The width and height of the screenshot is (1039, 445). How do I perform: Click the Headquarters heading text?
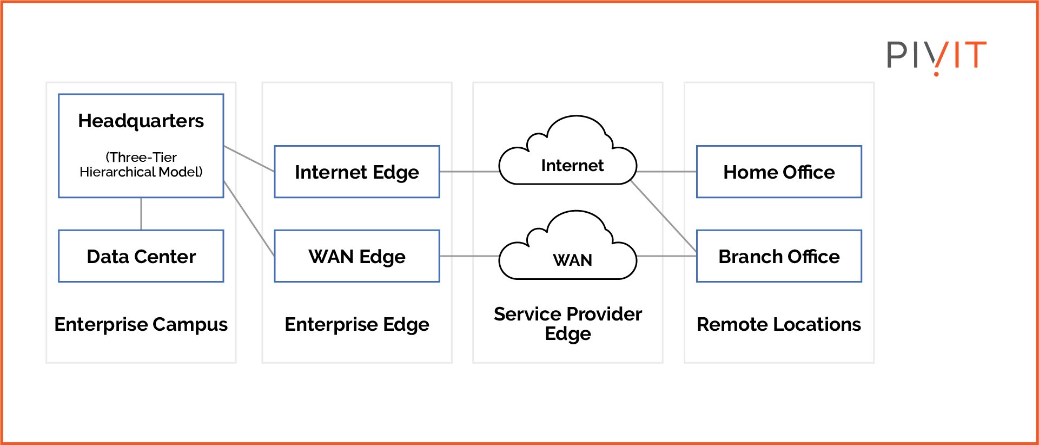point(141,121)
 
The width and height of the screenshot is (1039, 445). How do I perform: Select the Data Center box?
point(141,256)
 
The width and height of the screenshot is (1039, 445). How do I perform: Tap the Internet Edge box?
point(356,172)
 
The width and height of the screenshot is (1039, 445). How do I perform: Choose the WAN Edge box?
point(356,256)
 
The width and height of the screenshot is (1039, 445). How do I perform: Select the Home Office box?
point(778,172)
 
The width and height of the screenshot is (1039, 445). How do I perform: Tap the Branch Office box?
point(778,256)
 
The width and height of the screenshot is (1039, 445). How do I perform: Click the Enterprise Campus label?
point(141,324)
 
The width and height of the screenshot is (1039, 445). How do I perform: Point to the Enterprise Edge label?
point(356,324)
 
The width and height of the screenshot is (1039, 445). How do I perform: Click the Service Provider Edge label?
point(567,323)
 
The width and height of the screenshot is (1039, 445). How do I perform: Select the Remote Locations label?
point(778,324)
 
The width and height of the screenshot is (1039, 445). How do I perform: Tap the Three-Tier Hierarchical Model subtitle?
point(141,165)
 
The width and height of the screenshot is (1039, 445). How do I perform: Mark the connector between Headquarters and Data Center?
point(141,214)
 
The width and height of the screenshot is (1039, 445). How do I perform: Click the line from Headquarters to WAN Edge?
point(249,218)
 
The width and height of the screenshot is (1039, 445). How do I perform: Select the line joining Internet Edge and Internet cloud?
point(468,172)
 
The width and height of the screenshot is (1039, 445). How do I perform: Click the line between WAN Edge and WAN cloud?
point(468,256)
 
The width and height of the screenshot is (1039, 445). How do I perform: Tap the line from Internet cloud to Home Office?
point(666,172)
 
